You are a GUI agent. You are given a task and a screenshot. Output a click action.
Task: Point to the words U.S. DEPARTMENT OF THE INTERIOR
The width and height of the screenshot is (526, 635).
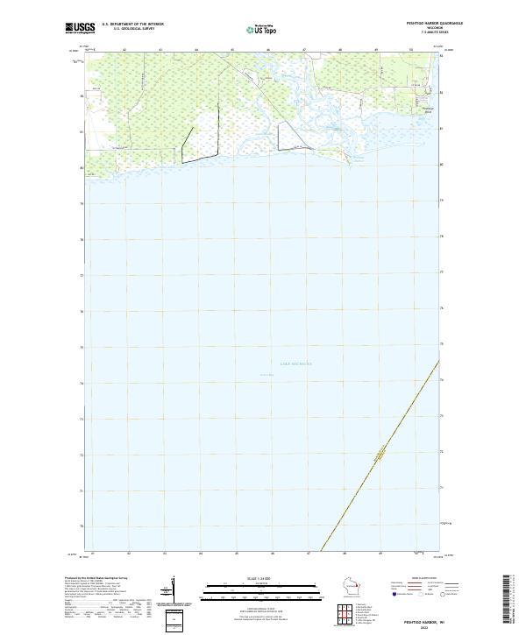click(x=132, y=24)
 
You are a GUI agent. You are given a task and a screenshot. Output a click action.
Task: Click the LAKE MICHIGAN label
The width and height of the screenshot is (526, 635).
click(x=271, y=363)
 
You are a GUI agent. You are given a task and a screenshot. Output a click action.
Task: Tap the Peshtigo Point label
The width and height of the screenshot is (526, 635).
click(x=429, y=110)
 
